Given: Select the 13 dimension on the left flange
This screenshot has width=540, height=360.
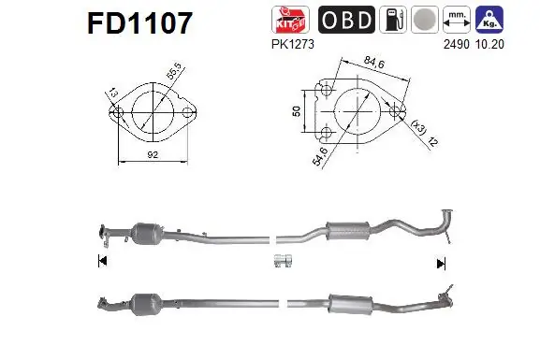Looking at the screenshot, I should click(109, 94).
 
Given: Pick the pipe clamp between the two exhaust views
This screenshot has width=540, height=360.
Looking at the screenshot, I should click(284, 261).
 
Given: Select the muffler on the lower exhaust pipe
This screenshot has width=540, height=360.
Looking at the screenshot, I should click(343, 303).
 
